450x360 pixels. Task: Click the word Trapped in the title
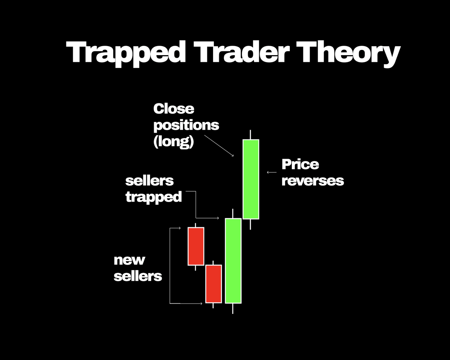(126, 52)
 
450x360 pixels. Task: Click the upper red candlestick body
(196, 246)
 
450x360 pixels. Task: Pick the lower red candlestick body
(213, 283)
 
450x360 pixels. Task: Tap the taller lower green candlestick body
(233, 261)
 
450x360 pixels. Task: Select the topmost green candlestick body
(251, 179)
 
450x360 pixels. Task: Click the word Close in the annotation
(174, 109)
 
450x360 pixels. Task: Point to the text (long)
(174, 142)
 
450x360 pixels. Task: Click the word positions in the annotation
(186, 125)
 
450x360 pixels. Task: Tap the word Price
(300, 164)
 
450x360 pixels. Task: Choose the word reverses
(312, 181)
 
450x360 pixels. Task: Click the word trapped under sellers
(153, 197)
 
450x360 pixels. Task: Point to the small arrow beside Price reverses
(271, 172)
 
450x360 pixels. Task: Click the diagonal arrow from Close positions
(219, 146)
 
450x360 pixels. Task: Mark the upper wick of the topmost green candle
(250, 135)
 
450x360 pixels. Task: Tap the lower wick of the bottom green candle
(233, 308)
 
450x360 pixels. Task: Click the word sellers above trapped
(149, 181)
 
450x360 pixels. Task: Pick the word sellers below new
(138, 276)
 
